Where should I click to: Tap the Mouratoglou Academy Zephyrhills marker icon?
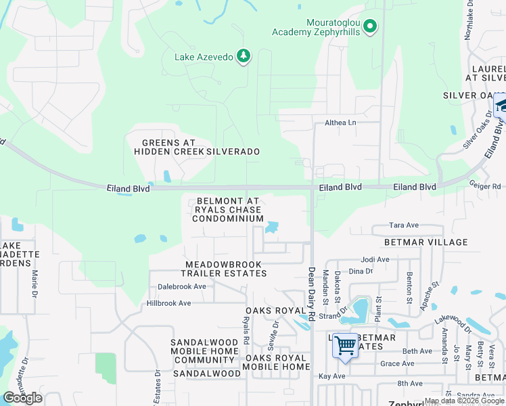pyautogui.click(x=369, y=27)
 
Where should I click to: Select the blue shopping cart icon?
pyautogui.click(x=346, y=346)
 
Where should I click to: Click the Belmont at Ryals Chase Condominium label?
pyautogui.click(x=229, y=210)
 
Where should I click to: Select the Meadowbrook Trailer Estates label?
pyautogui.click(x=226, y=269)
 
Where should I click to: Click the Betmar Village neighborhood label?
pyautogui.click(x=425, y=242)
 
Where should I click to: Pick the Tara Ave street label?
pyautogui.click(x=405, y=225)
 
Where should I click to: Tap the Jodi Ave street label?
pyautogui.click(x=375, y=259)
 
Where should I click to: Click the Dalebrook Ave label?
pyautogui.click(x=182, y=286)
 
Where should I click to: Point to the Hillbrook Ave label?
pyautogui.click(x=168, y=303)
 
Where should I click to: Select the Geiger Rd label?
pyautogui.click(x=487, y=187)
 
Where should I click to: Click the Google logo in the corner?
pyautogui.click(x=22, y=398)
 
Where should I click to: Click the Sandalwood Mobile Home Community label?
pyautogui.click(x=204, y=351)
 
